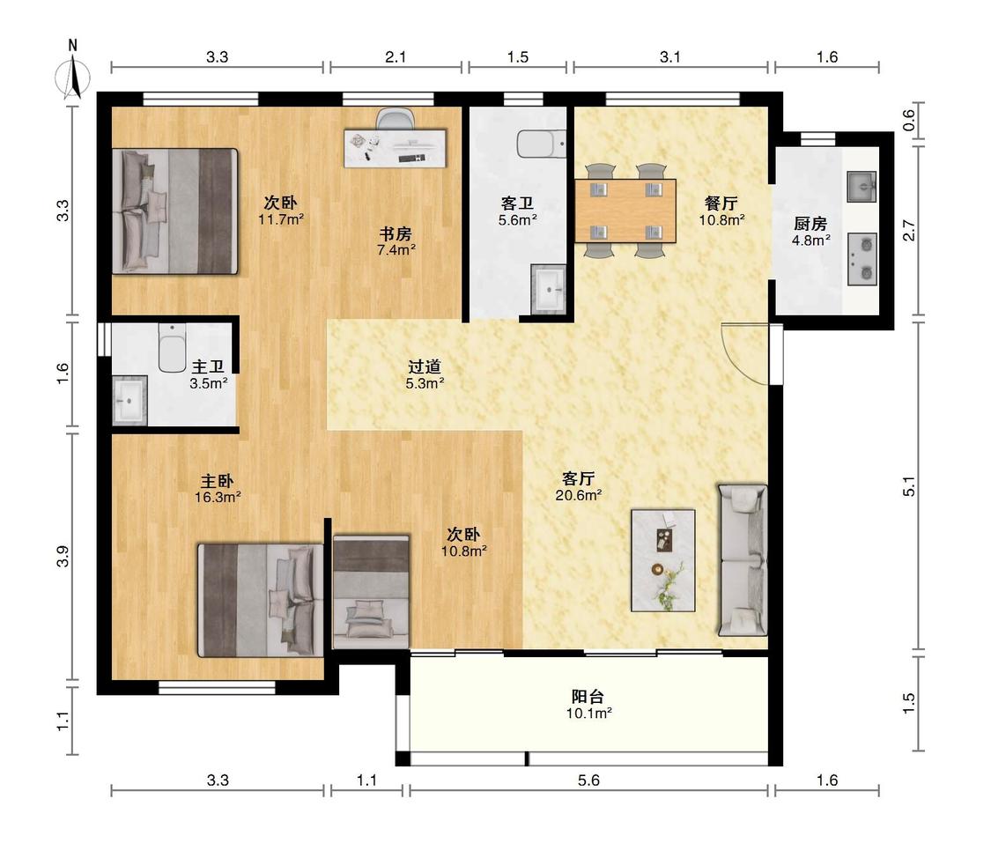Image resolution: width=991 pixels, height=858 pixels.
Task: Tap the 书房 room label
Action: [x=396, y=233]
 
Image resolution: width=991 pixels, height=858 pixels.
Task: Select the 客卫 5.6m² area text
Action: [x=518, y=220]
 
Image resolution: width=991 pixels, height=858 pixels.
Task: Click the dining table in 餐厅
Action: [x=625, y=211]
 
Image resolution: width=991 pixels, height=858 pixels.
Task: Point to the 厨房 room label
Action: [x=810, y=224]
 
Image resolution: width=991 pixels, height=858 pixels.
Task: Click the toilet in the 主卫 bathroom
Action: [x=171, y=348]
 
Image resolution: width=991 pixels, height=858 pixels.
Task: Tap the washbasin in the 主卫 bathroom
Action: [x=129, y=401]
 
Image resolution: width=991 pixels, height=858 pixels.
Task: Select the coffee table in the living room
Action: [x=663, y=560]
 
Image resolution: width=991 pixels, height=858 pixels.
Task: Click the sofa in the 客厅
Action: [x=742, y=559]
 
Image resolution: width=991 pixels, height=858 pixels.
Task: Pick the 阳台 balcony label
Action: [x=588, y=696]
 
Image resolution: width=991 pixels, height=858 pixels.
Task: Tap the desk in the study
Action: [x=395, y=149]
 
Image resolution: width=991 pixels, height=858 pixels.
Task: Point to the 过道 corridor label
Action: [x=424, y=366]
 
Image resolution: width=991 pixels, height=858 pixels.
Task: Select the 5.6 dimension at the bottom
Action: [x=588, y=780]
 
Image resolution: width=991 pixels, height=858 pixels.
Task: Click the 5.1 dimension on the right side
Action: [x=909, y=486]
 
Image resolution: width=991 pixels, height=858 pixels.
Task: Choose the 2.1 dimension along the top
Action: [x=396, y=57]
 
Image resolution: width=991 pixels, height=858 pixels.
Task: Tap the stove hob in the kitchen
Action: [x=862, y=259]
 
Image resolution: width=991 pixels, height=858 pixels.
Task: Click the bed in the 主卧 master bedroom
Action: [x=261, y=600]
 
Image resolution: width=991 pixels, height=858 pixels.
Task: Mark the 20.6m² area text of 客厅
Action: [x=578, y=495]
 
